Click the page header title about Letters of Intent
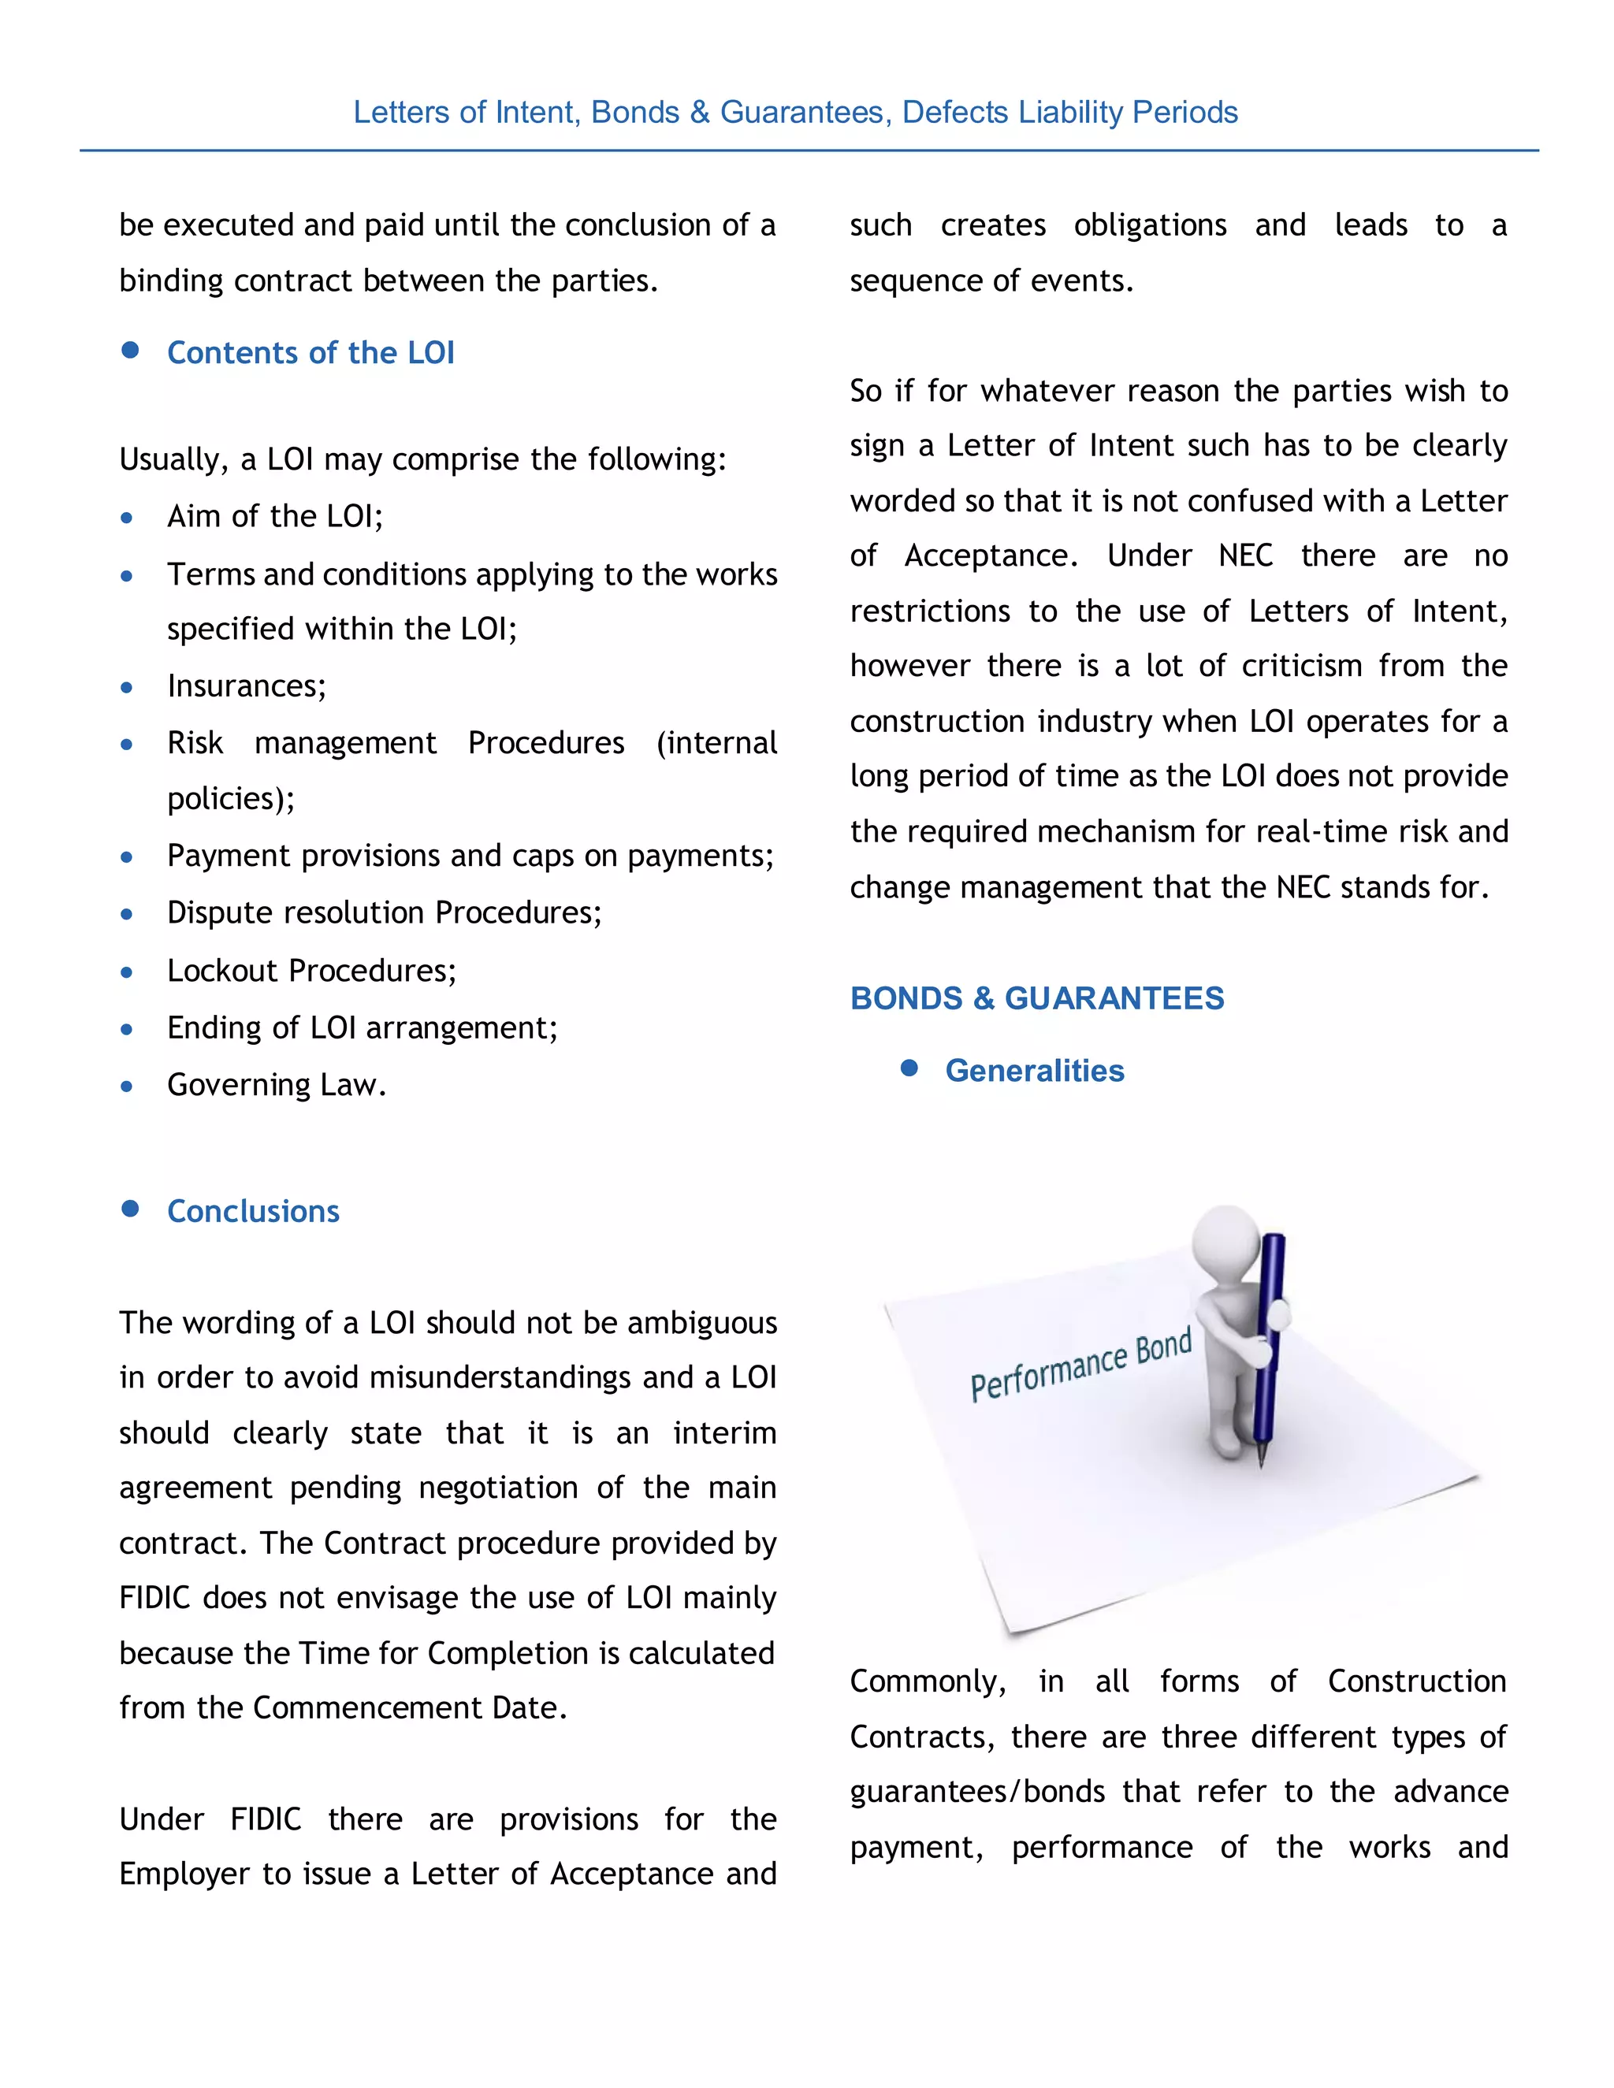(794, 113)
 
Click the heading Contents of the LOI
(311, 353)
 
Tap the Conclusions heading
(254, 1211)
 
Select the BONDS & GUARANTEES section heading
(1036, 998)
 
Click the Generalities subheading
(1035, 1071)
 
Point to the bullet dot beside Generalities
(909, 1068)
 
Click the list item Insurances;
(247, 686)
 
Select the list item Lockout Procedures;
(312, 972)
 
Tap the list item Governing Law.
(277, 1085)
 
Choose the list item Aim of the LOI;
(274, 516)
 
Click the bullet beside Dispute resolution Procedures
(127, 914)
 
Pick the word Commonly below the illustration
(928, 1681)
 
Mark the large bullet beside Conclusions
(131, 1209)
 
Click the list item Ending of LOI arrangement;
(363, 1027)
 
